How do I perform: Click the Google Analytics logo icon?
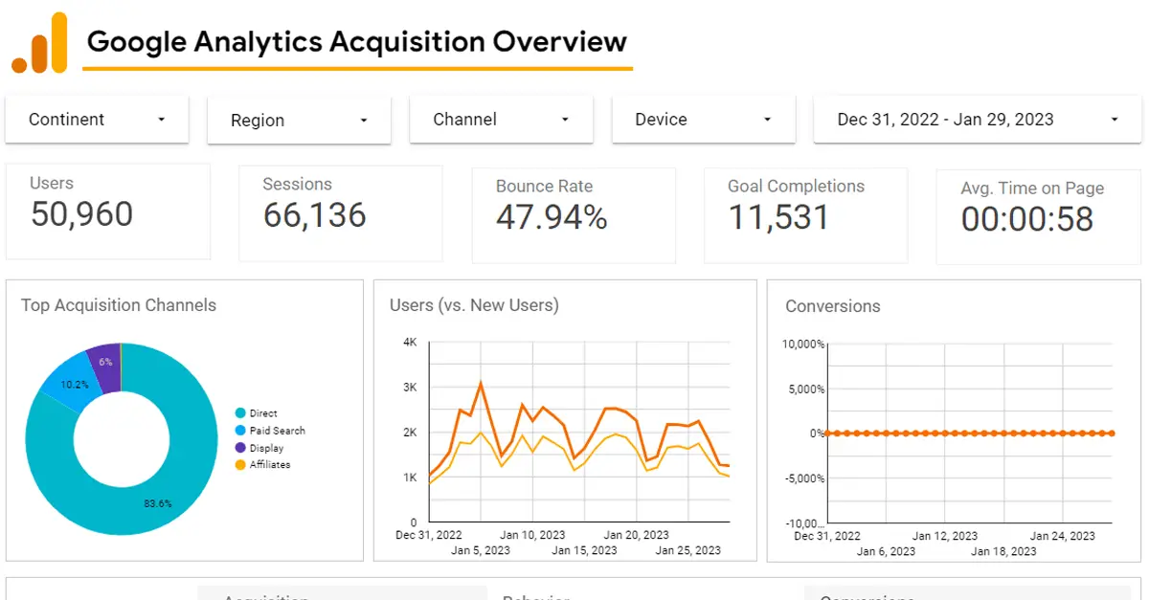coord(39,43)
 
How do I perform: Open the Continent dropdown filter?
coord(97,120)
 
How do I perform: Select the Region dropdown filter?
coord(299,121)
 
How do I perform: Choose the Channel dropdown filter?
coord(501,120)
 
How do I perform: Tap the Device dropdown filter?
coord(703,120)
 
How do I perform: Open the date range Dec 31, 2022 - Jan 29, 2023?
coord(978,120)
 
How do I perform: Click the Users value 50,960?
coord(81,214)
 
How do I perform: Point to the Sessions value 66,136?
coord(314,215)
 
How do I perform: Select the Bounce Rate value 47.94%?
coord(552,217)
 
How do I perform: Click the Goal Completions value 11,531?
coord(778,217)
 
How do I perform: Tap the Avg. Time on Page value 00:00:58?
coord(1026,219)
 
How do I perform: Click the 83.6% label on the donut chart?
coord(158,503)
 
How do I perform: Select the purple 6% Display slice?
coord(104,364)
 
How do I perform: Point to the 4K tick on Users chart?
coord(410,343)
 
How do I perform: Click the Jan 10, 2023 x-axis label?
coord(532,535)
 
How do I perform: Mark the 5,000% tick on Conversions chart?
coord(803,389)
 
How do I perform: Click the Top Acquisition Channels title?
coord(119,305)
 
